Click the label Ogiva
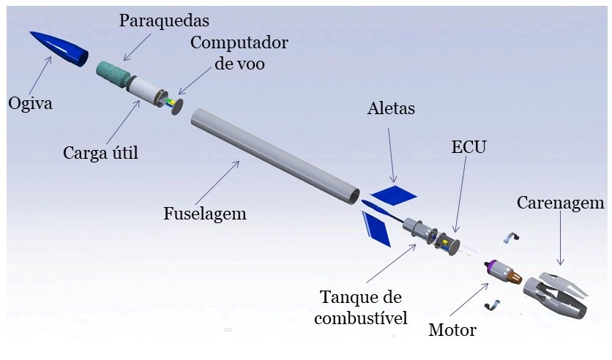pos(31,103)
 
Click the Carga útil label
pos(100,153)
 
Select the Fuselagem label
pos(204,214)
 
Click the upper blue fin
pos(394,195)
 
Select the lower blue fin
pos(378,228)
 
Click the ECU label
pos(469,147)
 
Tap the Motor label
pos(452,330)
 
